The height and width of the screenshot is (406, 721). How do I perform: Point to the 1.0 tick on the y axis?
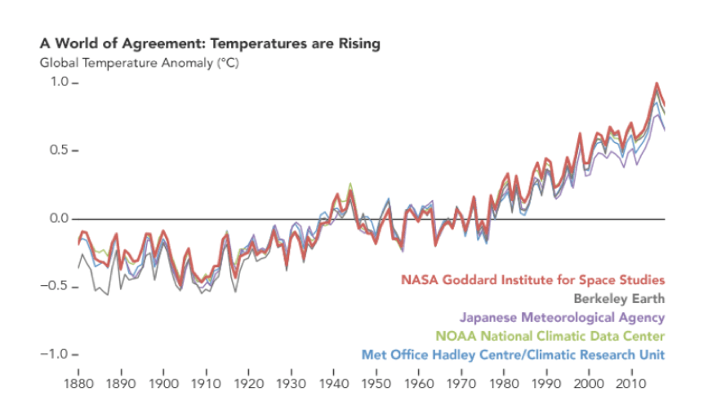[60, 83]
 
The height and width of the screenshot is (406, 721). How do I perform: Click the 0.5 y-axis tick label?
[60, 151]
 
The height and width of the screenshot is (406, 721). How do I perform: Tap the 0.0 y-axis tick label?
[60, 219]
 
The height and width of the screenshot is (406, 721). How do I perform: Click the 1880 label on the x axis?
[78, 383]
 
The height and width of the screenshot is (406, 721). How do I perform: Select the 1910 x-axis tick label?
[207, 383]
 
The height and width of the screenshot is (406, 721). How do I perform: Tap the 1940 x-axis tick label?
[334, 383]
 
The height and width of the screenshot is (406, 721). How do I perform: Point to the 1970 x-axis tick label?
[461, 383]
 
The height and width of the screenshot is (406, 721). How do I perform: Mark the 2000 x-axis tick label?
[589, 383]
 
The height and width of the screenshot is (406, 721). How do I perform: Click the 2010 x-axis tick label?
[631, 383]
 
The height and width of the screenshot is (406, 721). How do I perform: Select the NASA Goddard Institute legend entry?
[532, 279]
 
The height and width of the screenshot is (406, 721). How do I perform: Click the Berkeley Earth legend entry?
[619, 298]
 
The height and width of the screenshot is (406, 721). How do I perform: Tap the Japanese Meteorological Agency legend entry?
[562, 317]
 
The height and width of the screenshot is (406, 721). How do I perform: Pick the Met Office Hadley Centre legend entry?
[513, 355]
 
